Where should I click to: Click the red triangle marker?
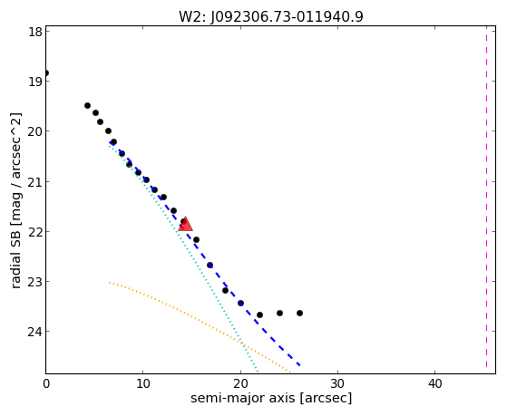(185, 224)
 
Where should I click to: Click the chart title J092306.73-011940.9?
(287, 16)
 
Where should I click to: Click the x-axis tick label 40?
(434, 383)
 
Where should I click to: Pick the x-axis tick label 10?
(143, 383)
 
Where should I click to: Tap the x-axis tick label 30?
(337, 383)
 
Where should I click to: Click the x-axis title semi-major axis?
(242, 398)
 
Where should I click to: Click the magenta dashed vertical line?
(486, 197)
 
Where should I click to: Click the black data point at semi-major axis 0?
(46, 73)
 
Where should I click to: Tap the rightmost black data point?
(299, 313)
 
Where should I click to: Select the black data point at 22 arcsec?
(259, 314)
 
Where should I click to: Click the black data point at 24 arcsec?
(279, 313)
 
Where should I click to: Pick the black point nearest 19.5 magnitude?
(87, 105)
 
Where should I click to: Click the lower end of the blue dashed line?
(300, 365)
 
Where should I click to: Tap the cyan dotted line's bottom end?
(258, 372)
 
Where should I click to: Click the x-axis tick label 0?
(46, 383)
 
